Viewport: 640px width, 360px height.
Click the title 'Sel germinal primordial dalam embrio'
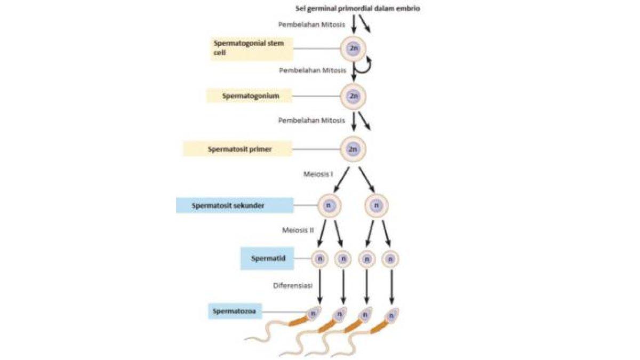coord(357,9)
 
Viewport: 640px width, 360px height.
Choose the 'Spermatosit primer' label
coord(237,149)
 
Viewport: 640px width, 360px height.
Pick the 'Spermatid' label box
coord(267,259)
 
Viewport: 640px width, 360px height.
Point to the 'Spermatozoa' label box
coord(235,310)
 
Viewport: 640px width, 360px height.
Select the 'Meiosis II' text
coord(298,230)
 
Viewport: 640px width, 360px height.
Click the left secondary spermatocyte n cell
coord(329,205)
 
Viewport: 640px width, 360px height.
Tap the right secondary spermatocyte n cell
coord(377,205)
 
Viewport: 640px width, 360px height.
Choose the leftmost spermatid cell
coord(320,259)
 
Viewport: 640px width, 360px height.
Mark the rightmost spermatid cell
coord(391,259)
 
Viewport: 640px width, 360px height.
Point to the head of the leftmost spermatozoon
coord(314,314)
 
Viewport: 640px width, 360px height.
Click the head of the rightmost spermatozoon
coord(393,315)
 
